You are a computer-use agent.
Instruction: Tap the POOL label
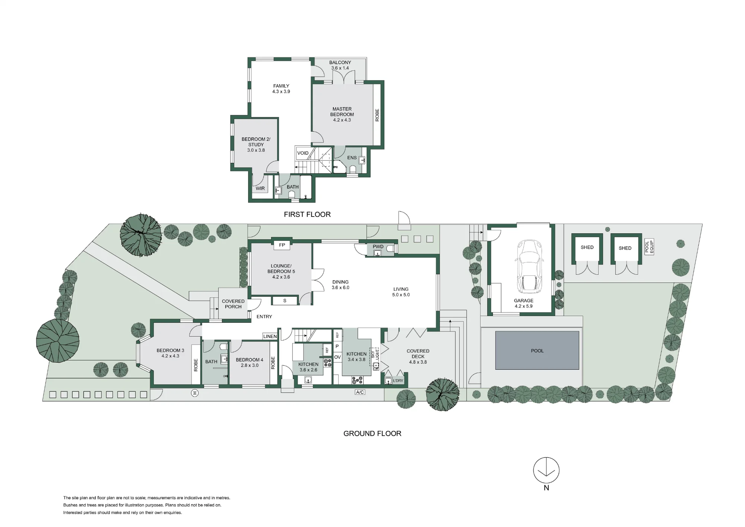coord(537,351)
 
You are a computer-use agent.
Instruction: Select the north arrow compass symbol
coord(546,470)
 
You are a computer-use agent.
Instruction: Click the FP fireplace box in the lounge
coord(282,245)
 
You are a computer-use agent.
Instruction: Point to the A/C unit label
coord(360,392)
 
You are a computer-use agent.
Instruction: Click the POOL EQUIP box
coord(649,247)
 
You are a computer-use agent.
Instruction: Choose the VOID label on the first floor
coord(303,153)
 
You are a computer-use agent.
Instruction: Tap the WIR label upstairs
coord(260,189)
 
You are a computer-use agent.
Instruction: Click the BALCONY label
coord(340,63)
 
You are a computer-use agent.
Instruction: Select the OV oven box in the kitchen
coord(337,357)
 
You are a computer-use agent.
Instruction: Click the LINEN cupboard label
coord(270,337)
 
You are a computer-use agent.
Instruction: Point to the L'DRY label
coord(398,381)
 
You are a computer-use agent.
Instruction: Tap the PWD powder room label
coord(378,247)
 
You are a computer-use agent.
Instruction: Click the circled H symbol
coord(194,393)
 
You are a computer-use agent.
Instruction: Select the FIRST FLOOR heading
coord(307,214)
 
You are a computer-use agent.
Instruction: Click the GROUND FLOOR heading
coord(372,433)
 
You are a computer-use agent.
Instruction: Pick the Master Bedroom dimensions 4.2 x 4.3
coord(342,120)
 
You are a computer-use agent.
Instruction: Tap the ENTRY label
coord(264,316)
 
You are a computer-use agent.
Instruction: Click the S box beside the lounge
coord(285,300)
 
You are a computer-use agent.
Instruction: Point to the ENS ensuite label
coord(352,158)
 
